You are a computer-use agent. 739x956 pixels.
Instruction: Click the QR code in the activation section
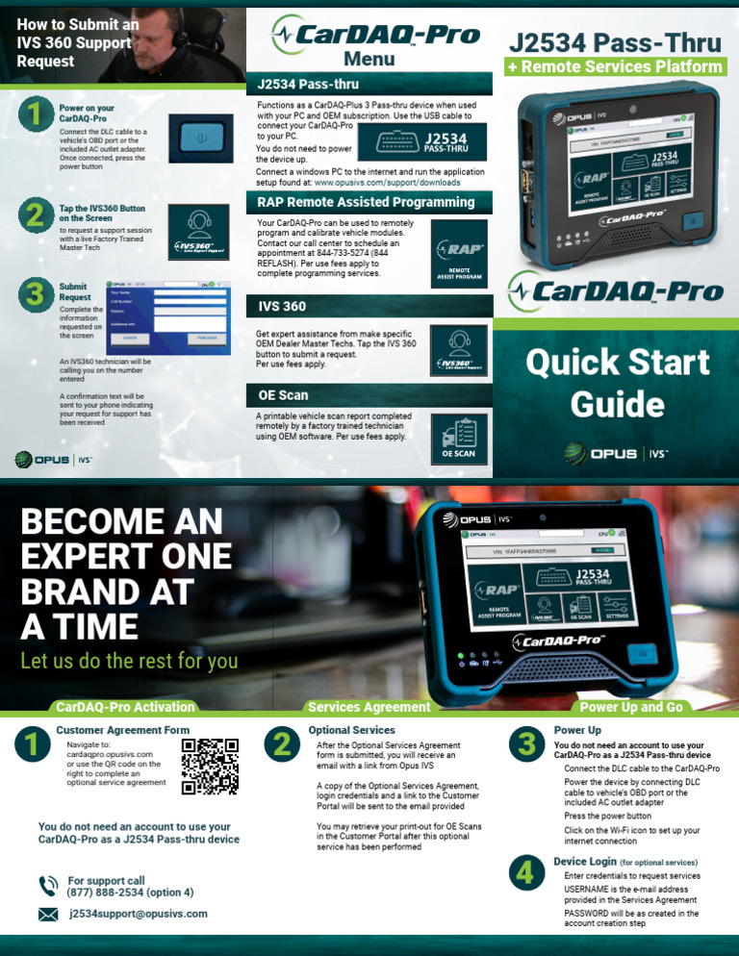click(210, 767)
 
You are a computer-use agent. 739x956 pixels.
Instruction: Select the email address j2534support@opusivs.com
click(138, 915)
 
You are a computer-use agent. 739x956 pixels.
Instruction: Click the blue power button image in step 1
click(200, 138)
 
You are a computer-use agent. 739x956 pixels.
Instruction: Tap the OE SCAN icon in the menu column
click(459, 437)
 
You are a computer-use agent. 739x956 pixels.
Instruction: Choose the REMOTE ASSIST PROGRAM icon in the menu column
click(459, 254)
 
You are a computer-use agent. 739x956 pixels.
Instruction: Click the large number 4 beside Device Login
click(525, 872)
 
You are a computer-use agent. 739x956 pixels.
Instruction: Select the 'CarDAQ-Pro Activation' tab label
click(125, 707)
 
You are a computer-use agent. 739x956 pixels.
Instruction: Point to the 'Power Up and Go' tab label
click(631, 707)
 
